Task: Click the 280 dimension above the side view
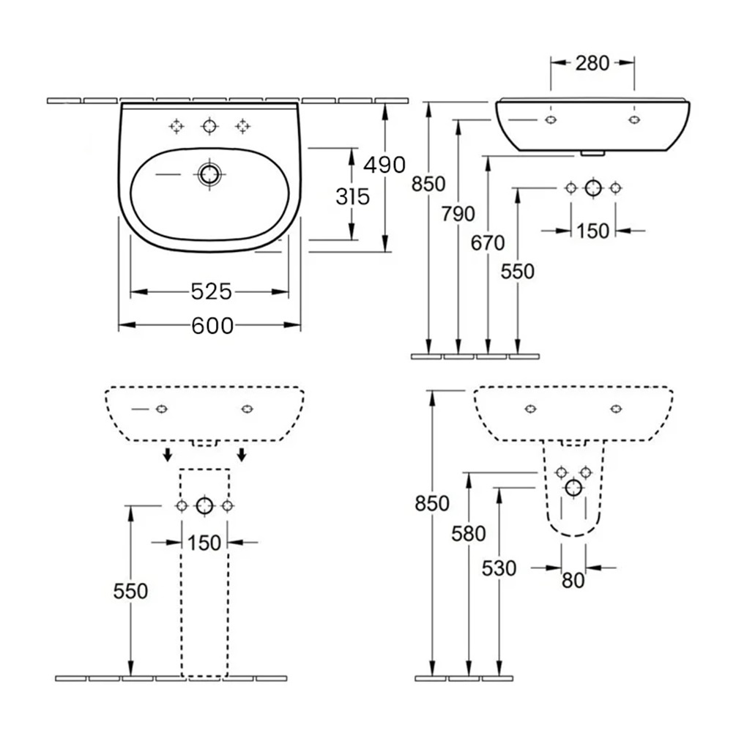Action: tap(592, 63)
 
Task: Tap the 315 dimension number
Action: tap(352, 196)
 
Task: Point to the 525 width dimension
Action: tap(211, 292)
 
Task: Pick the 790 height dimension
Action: tap(458, 213)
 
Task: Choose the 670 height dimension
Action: tap(488, 242)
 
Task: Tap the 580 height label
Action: tap(469, 534)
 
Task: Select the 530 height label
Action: tap(499, 568)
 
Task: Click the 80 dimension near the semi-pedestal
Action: tap(573, 580)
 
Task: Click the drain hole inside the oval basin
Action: tap(210, 174)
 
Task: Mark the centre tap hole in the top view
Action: tap(210, 127)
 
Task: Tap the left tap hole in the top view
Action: tap(176, 127)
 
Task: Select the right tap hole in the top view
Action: tap(242, 127)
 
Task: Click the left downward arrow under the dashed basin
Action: tap(168, 456)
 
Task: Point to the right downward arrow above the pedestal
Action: tap(242, 456)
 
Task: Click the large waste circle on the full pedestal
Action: tap(204, 505)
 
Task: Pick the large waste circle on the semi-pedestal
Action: tap(573, 487)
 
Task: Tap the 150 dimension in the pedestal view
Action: tap(204, 543)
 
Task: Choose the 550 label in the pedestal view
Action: tap(130, 591)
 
